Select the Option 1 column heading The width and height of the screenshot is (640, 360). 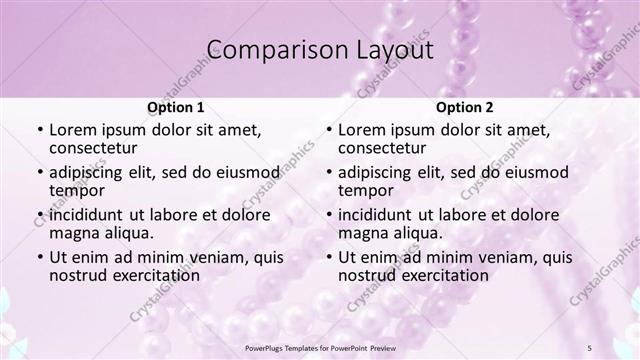click(175, 107)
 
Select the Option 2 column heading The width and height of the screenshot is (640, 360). click(464, 107)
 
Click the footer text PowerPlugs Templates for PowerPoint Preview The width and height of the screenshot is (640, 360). click(319, 347)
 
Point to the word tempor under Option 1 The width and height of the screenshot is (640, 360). click(76, 190)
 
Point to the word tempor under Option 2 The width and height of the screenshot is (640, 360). click(365, 190)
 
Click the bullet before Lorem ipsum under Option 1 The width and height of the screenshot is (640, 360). click(39, 130)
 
